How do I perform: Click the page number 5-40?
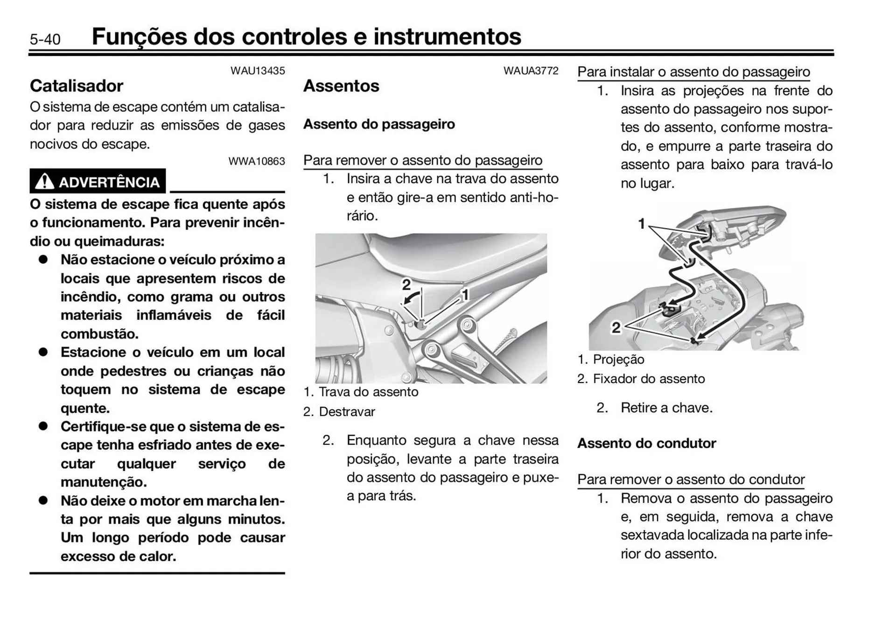pos(45,39)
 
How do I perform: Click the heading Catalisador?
pos(77,86)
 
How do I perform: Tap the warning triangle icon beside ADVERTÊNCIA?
pos(44,181)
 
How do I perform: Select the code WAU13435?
pos(258,71)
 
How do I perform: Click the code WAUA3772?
pos(531,71)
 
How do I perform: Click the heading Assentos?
pos(341,86)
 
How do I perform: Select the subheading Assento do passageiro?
pos(379,124)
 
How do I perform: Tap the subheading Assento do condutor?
pos(646,443)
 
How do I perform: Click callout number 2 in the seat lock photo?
pos(406,284)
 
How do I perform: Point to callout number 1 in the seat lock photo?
pos(465,294)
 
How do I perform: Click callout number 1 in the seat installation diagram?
pos(642,224)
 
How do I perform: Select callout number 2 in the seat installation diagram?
pos(616,327)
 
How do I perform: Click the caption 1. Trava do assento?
pos(361,392)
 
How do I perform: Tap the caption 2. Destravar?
pos(339,412)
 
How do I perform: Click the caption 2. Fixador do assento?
pos(641,379)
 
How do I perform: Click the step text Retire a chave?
pos(666,408)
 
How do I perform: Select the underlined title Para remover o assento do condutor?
pos(691,480)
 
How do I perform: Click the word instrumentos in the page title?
pos(447,36)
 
